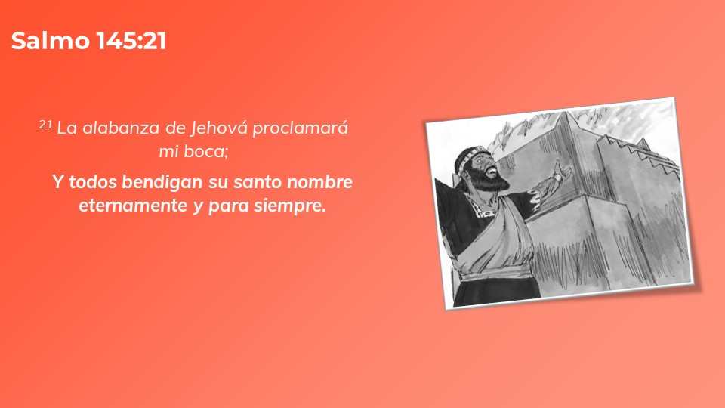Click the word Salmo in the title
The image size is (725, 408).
[x=50, y=41]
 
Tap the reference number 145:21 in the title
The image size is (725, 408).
[x=131, y=41]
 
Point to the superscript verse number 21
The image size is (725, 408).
[x=46, y=125]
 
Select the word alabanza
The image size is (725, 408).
[x=121, y=128]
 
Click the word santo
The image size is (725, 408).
[x=257, y=182]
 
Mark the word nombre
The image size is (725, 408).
[x=320, y=182]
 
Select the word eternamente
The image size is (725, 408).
[x=133, y=206]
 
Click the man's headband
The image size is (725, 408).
[x=467, y=156]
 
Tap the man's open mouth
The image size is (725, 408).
[x=493, y=172]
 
